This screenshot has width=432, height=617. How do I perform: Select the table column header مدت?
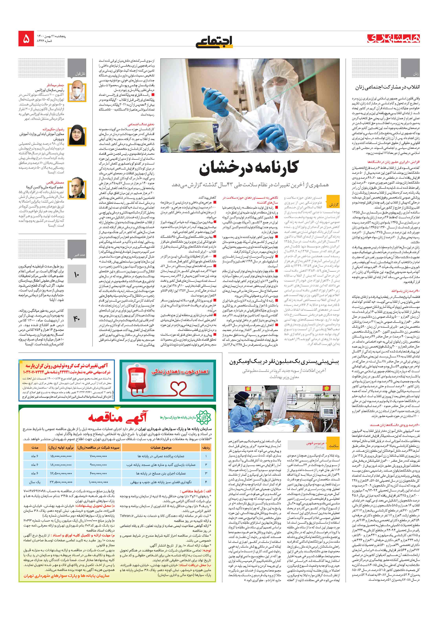35,447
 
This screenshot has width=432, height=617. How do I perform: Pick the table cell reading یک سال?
35,482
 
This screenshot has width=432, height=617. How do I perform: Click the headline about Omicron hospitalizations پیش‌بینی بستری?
284,362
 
